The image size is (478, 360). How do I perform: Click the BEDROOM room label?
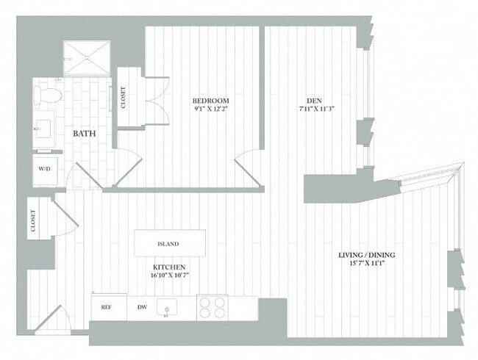(211, 101)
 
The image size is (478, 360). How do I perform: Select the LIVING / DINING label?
(366, 255)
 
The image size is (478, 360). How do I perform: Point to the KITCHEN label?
(169, 267)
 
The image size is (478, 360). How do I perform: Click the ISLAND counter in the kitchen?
(169, 243)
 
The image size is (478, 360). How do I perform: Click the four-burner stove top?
(212, 307)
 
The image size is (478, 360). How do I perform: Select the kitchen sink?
(168, 309)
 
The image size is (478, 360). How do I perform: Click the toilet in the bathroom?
(49, 95)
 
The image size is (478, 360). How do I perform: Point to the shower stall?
(86, 59)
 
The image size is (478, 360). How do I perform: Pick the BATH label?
(84, 134)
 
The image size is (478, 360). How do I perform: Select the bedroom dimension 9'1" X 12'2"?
(211, 110)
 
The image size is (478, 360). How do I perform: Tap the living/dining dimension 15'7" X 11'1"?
(367, 264)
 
